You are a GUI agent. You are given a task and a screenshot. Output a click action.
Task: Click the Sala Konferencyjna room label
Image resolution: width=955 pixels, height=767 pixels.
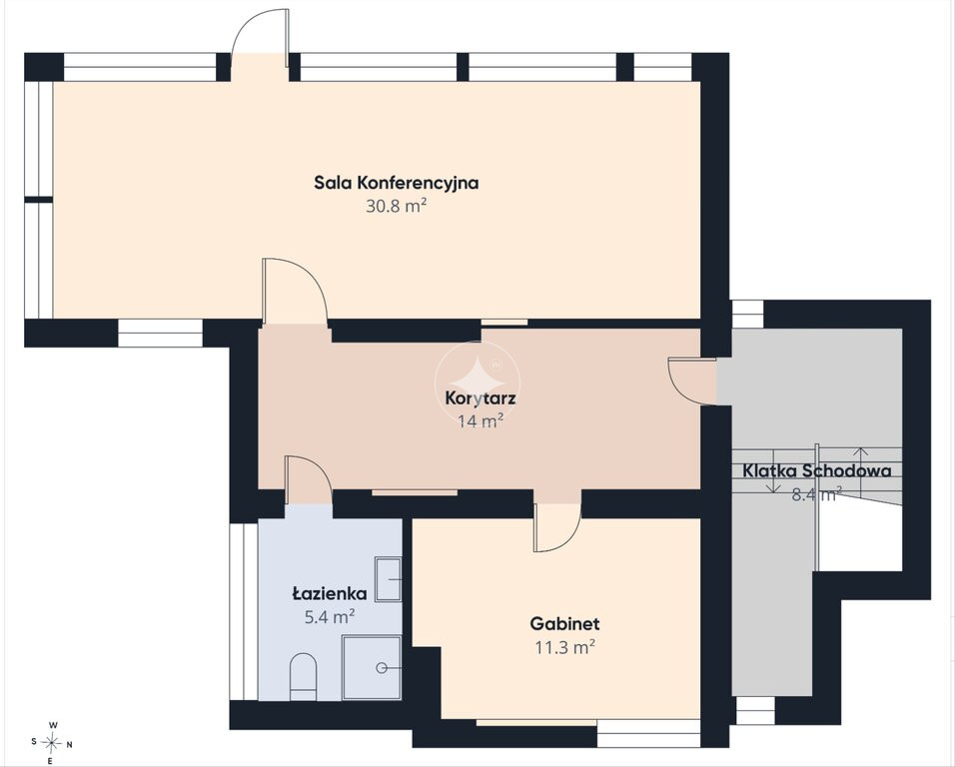[x=396, y=183]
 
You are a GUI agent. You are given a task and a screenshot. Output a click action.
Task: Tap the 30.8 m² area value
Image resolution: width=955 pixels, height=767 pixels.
[x=396, y=206]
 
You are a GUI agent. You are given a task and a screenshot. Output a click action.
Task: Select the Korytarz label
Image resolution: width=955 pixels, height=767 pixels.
[x=480, y=398]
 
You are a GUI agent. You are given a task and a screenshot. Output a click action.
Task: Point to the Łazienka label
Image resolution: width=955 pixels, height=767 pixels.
[x=330, y=593]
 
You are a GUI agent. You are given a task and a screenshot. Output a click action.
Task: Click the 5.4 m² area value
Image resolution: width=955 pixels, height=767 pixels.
[x=330, y=617]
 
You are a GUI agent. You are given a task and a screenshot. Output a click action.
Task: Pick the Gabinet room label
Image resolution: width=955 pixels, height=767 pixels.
[x=564, y=623]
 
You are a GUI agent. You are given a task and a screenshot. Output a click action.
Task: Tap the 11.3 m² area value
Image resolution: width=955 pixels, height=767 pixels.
[x=564, y=647]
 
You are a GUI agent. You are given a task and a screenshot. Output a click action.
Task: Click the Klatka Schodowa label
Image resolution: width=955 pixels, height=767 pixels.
[x=817, y=470]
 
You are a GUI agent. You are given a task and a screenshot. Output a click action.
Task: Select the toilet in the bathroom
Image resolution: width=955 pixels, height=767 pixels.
[x=303, y=676]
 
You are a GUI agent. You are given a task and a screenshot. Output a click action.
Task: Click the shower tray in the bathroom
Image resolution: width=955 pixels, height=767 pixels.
[x=372, y=668]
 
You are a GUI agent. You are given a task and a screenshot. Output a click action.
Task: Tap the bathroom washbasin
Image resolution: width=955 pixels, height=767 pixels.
[x=388, y=579]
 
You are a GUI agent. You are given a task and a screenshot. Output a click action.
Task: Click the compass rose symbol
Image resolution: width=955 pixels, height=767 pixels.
[x=52, y=743]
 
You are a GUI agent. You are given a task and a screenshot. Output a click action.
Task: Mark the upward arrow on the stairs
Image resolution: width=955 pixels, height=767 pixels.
[x=860, y=471]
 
